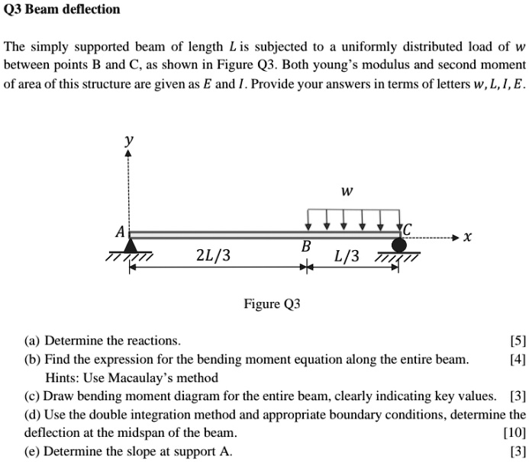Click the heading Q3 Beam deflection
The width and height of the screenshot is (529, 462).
coord(62,9)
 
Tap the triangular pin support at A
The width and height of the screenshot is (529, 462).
coord(131,245)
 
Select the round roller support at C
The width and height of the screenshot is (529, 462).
coord(399,245)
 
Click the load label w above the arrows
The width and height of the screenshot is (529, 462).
coord(347,191)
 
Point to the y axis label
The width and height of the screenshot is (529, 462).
coord(128,140)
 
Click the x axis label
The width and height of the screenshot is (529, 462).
coord(468,237)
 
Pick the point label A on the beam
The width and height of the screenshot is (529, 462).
coord(120,232)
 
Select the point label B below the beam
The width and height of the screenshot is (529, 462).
coord(305,246)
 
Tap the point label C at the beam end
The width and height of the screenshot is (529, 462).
coord(407,229)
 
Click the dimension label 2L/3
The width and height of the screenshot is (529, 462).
coord(213,255)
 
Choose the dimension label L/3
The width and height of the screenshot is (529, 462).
coord(347,256)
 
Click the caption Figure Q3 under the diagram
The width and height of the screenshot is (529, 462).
coord(272,304)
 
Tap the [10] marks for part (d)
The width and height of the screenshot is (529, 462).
coord(514,432)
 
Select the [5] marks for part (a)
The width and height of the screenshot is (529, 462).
coord(518,341)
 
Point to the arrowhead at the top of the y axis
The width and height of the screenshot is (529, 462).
coord(128,153)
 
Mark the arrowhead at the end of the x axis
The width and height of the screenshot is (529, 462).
coord(456,237)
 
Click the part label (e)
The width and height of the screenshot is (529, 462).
coord(32,451)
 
